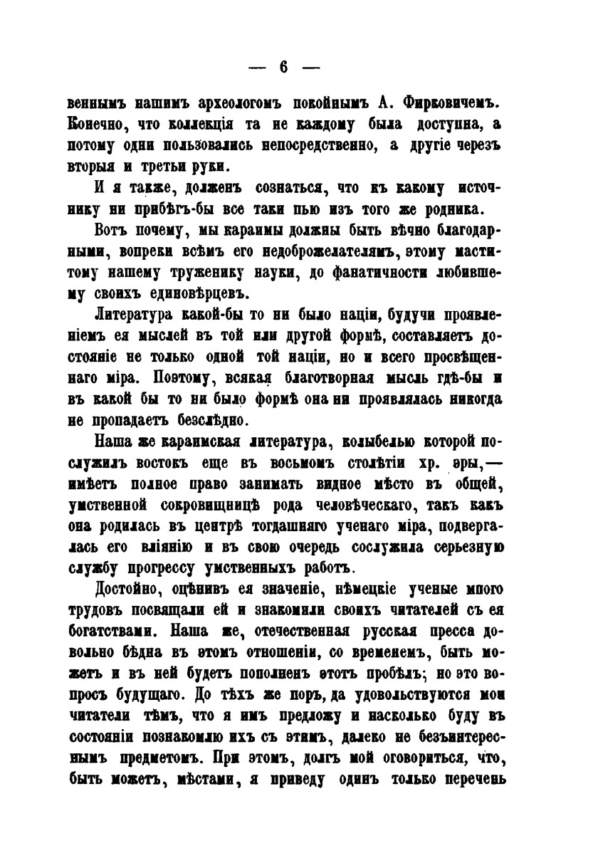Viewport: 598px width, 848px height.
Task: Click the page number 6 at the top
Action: pos(283,67)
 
